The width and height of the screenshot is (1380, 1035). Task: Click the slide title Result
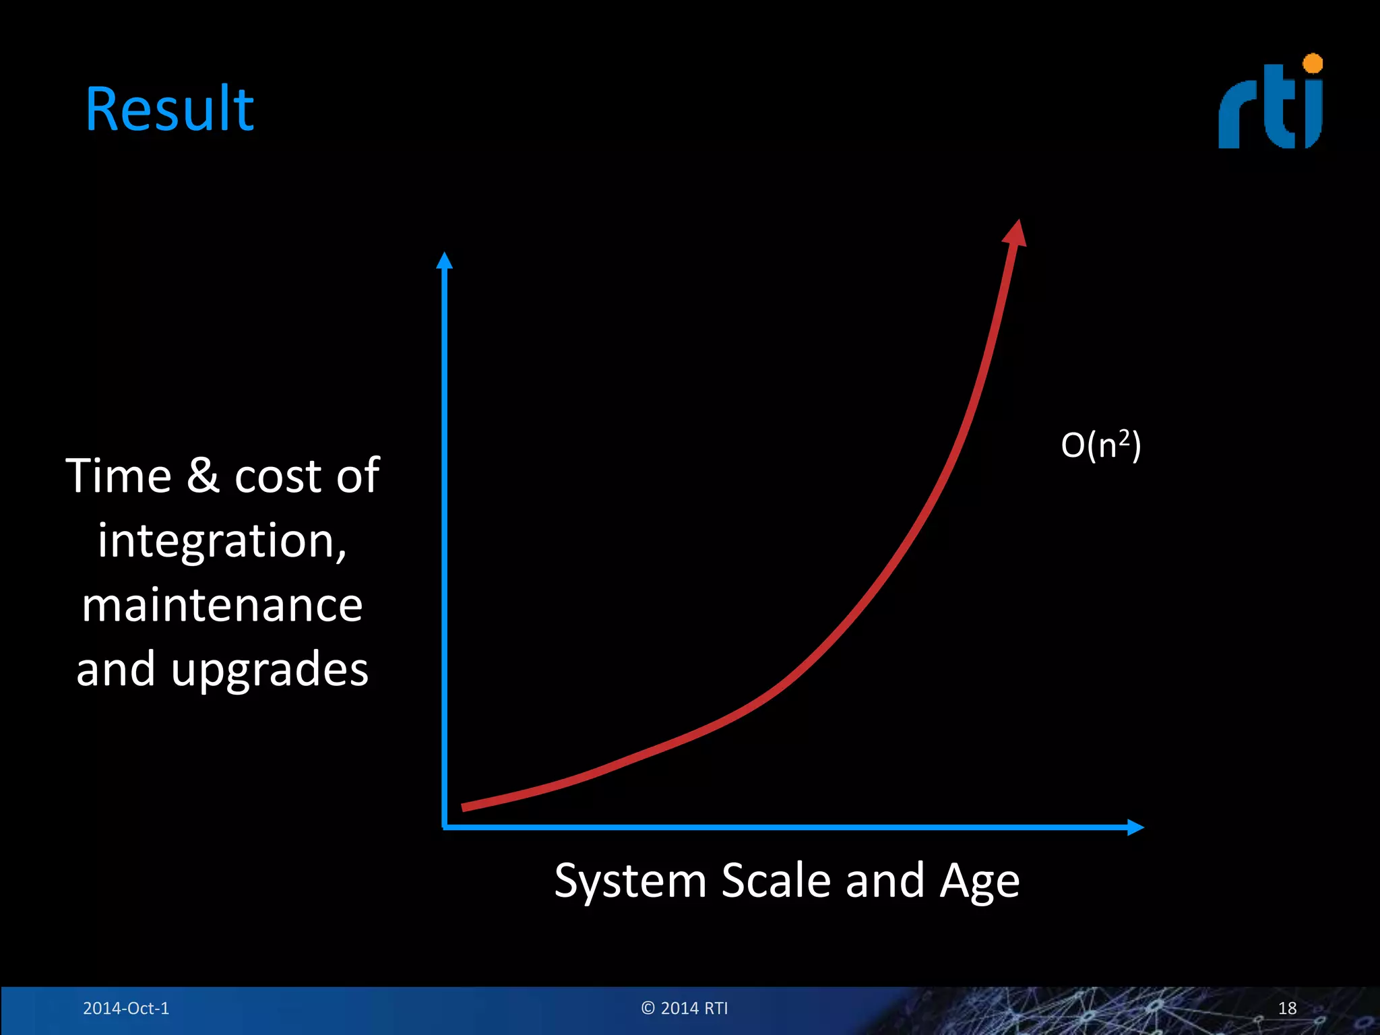pos(169,109)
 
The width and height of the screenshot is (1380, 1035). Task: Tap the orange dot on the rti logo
pos(1313,64)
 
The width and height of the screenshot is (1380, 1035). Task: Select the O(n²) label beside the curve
pos(1100,445)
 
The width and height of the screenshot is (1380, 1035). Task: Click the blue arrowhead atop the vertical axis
pos(444,261)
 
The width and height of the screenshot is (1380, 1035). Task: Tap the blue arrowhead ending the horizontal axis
pos(1135,827)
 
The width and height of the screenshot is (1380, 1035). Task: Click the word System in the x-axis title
pos(630,881)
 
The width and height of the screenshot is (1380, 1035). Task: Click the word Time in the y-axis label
pos(119,476)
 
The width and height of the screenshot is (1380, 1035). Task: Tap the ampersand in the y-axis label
pos(203,476)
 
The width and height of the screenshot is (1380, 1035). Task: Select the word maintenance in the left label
pos(222,605)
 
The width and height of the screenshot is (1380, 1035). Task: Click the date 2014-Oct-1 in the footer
pos(126,1008)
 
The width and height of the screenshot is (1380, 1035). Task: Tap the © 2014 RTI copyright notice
pos(685,1008)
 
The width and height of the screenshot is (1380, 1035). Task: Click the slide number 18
pos(1287,1008)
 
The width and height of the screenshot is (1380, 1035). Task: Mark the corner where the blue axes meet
pos(445,826)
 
